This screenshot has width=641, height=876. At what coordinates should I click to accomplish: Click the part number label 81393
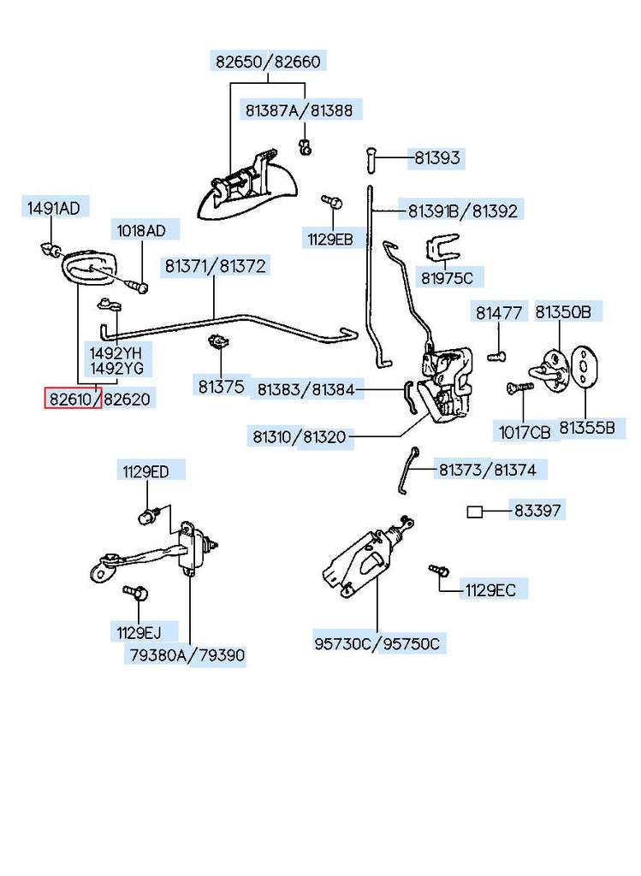tap(437, 157)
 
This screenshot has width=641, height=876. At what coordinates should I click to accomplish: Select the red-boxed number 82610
tap(73, 398)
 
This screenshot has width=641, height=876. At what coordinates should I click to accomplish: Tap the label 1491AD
tap(53, 208)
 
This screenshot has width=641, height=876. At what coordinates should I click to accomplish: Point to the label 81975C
tap(446, 277)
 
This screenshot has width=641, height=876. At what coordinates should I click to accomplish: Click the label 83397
tap(537, 511)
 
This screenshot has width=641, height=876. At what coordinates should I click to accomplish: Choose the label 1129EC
tap(490, 589)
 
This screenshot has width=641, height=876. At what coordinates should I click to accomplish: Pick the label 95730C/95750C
tap(377, 643)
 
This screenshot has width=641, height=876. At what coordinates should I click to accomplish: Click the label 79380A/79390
tap(187, 656)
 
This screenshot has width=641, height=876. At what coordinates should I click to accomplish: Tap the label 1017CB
tap(525, 431)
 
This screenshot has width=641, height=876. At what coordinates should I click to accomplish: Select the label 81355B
tap(586, 427)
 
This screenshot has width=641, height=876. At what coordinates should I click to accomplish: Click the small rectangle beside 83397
tap(475, 512)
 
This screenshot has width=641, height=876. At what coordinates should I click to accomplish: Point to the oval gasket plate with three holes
tap(583, 366)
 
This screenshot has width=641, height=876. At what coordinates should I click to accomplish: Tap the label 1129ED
tap(145, 471)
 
